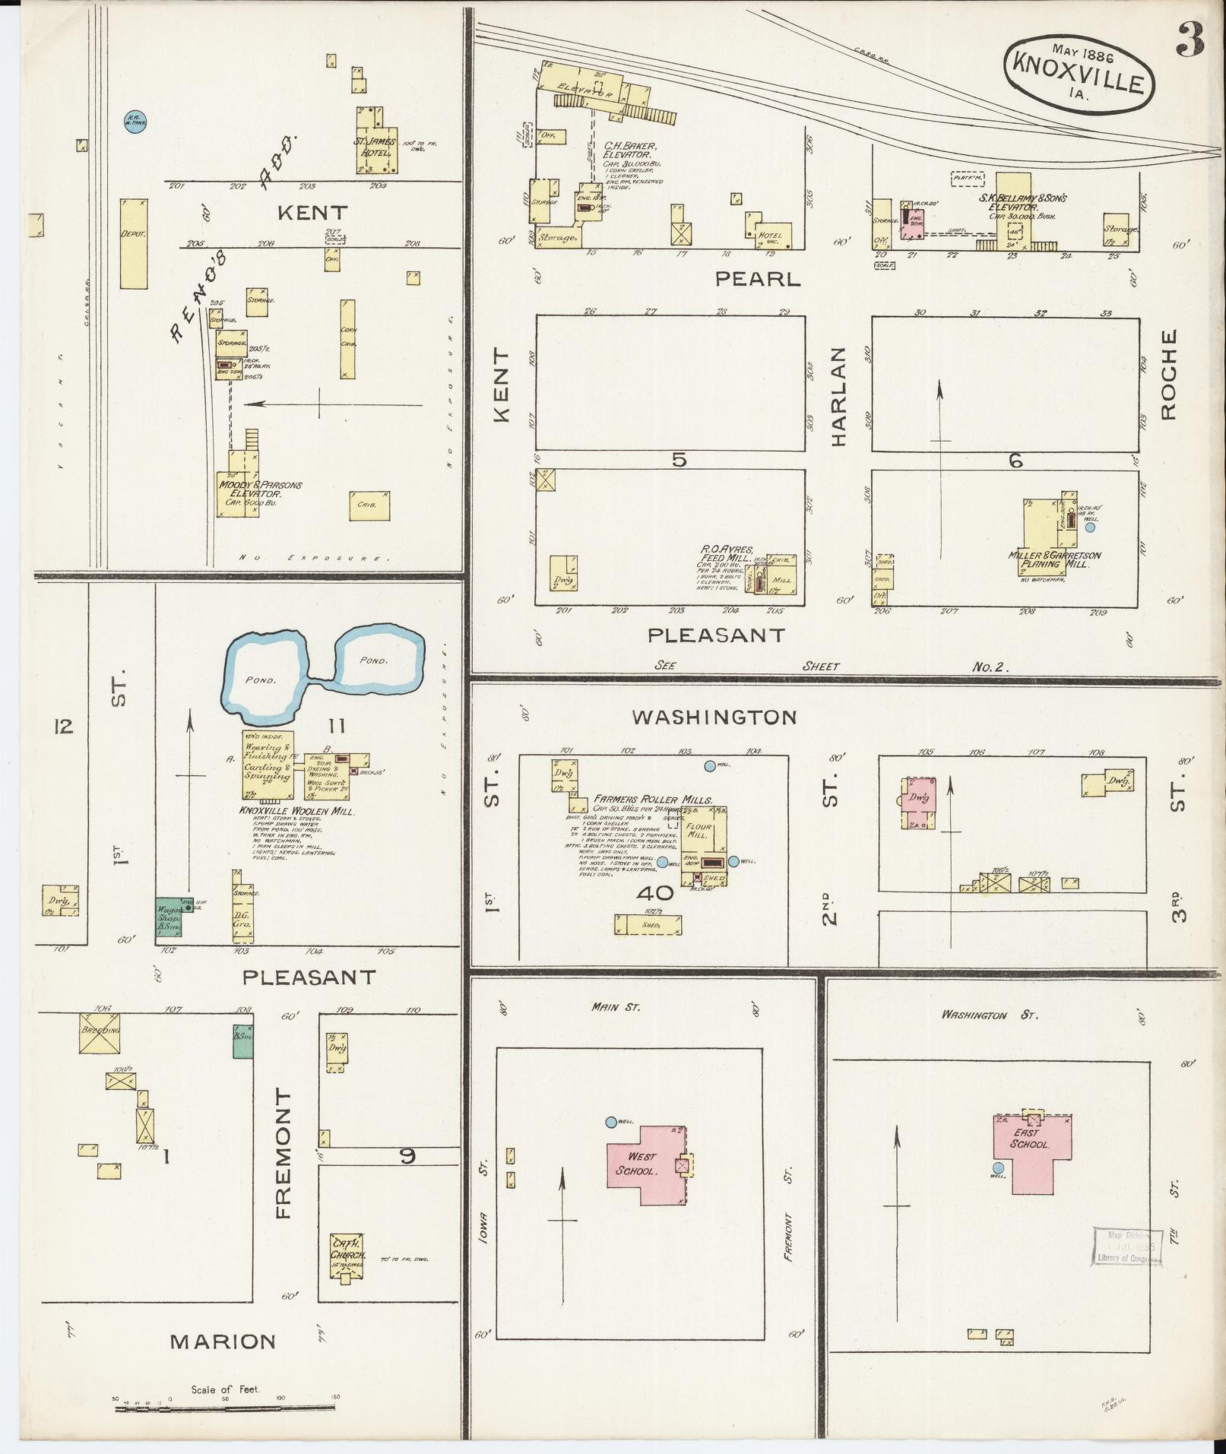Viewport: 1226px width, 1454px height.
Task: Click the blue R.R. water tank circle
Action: click(x=135, y=121)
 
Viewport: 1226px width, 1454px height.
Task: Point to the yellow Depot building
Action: click(x=133, y=243)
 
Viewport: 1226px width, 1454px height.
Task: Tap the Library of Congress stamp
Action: click(x=1129, y=1247)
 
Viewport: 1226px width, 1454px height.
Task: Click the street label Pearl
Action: click(x=757, y=279)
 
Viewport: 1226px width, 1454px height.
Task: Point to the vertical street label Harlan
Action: click(x=838, y=397)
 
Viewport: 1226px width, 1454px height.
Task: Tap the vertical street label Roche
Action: click(x=1168, y=374)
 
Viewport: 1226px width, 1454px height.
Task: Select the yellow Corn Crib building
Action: click(x=347, y=340)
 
